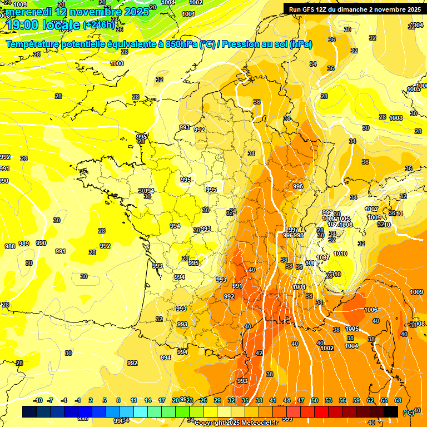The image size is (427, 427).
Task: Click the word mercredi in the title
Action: (x=29, y=12)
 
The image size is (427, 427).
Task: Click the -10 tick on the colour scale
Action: (x=38, y=400)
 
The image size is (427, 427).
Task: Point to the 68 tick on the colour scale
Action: (x=398, y=400)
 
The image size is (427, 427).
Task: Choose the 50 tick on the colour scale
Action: (x=315, y=400)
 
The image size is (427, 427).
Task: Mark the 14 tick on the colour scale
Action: (x=148, y=400)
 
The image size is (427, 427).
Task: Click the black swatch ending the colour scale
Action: (x=391, y=411)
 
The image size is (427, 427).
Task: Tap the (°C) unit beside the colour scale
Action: (x=409, y=413)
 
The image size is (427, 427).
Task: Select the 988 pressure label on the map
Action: (x=9, y=246)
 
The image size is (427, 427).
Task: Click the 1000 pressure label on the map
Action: (x=117, y=64)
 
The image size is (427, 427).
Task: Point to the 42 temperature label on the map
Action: (x=259, y=353)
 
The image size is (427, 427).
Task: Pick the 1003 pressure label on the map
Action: (x=396, y=118)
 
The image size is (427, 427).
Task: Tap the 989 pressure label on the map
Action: (x=24, y=244)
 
